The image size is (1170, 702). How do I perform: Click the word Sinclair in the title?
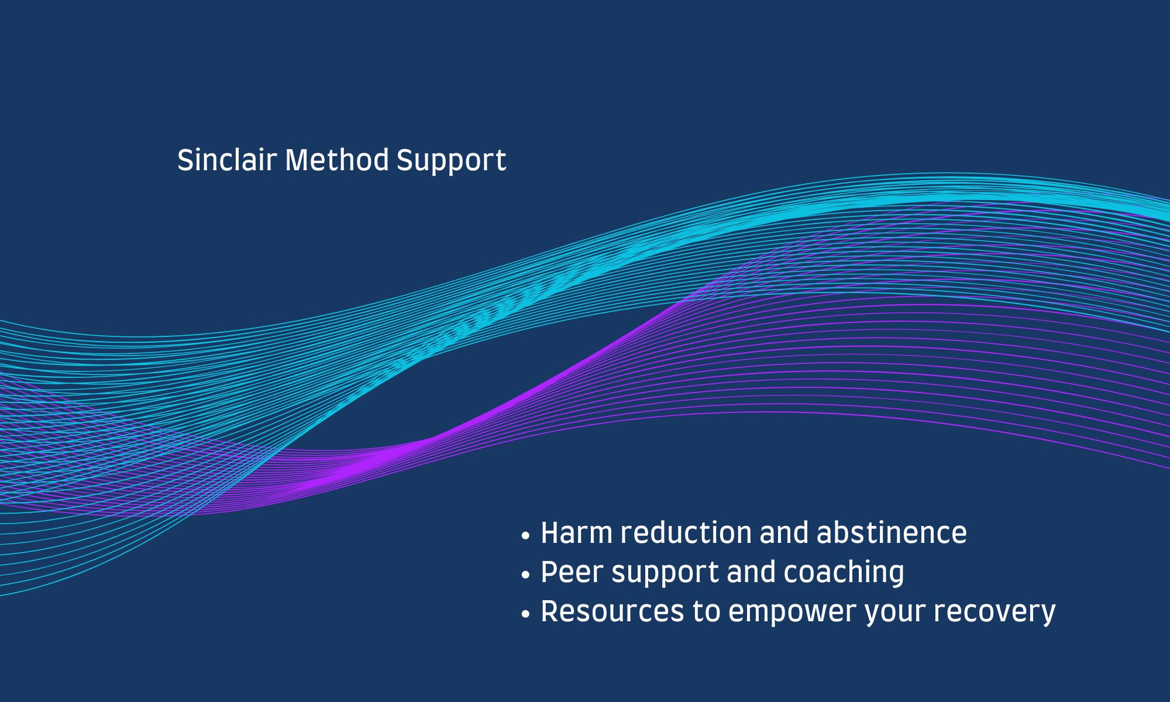coord(227,160)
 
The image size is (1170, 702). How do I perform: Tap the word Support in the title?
coord(451,162)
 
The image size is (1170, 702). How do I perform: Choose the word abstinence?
coord(892,532)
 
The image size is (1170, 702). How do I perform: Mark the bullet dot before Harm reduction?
coord(525,535)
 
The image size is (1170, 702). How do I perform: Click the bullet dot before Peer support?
coord(525,574)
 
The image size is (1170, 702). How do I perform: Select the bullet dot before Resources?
coord(525,614)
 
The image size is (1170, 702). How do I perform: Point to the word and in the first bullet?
coord(784,532)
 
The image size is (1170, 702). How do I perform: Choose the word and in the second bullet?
coord(752,572)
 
